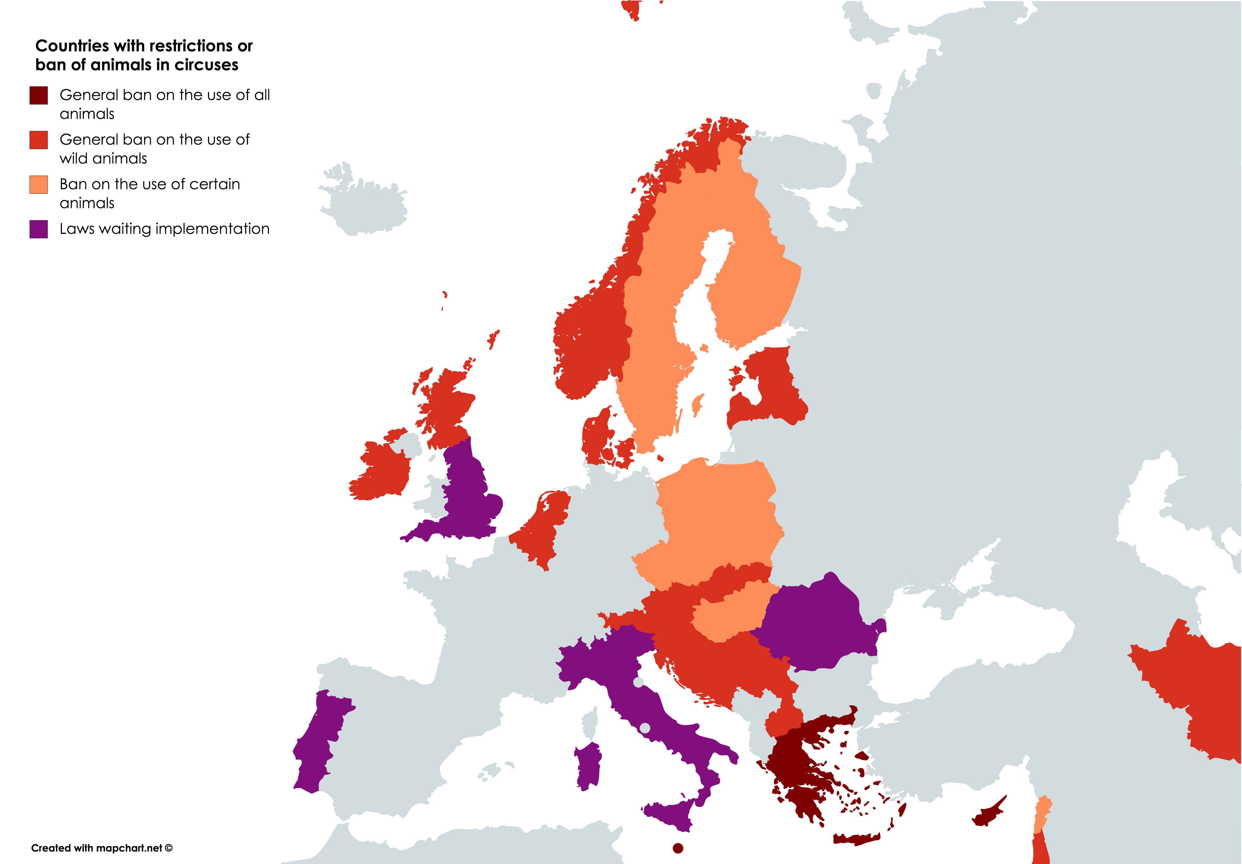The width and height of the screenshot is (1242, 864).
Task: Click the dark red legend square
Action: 38,95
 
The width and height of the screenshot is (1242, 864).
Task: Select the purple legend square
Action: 38,229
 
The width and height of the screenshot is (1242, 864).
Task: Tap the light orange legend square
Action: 38,184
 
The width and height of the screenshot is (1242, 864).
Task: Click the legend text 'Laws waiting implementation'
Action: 164,229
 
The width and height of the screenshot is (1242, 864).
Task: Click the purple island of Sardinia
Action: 589,765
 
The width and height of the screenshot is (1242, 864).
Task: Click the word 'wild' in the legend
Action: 71,158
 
